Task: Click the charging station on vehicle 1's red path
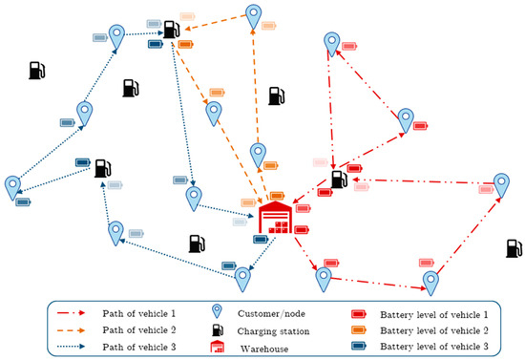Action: (x=339, y=179)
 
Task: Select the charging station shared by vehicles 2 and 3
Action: (x=171, y=31)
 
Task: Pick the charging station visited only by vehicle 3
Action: (x=102, y=167)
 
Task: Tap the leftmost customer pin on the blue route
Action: (x=12, y=187)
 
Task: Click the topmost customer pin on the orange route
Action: (x=253, y=15)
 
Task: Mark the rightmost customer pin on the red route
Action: (x=501, y=185)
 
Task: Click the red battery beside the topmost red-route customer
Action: (x=350, y=46)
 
